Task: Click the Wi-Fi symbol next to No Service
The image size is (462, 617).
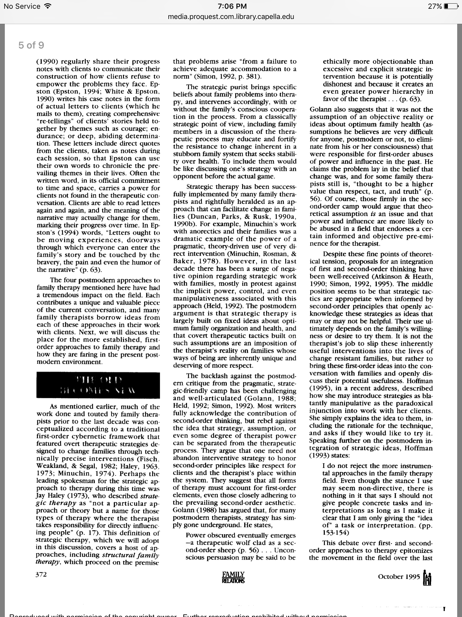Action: tap(47, 6)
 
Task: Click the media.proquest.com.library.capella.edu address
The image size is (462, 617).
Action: tap(231, 17)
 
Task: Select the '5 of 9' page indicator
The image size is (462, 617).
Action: tap(31, 45)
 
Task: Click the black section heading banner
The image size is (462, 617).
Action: tap(98, 385)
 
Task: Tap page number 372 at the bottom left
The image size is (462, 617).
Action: tap(41, 575)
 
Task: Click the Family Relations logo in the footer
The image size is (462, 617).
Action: tap(233, 577)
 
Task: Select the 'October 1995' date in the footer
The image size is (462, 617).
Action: tap(399, 577)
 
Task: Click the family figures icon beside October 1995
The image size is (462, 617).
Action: tap(427, 577)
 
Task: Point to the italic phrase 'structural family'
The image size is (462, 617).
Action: tap(131, 555)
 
